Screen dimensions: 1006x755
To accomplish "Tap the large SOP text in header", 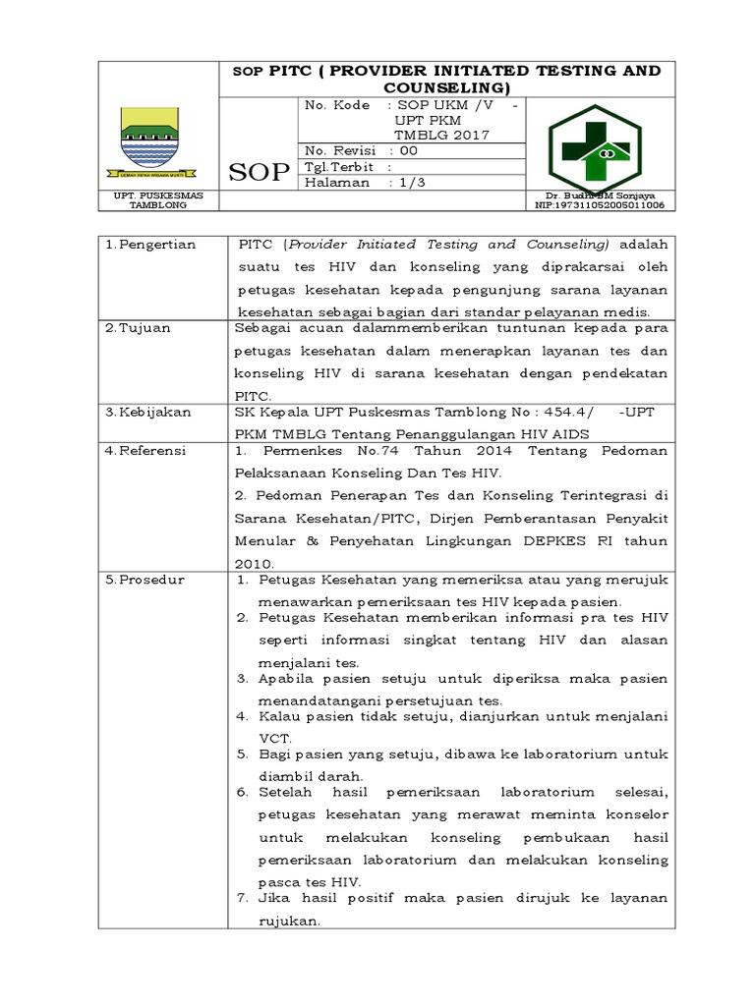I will tap(259, 173).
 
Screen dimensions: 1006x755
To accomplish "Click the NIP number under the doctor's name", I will tap(599, 206).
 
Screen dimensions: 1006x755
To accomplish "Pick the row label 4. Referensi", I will tap(146, 451).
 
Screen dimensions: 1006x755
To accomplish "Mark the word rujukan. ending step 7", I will tap(289, 922).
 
